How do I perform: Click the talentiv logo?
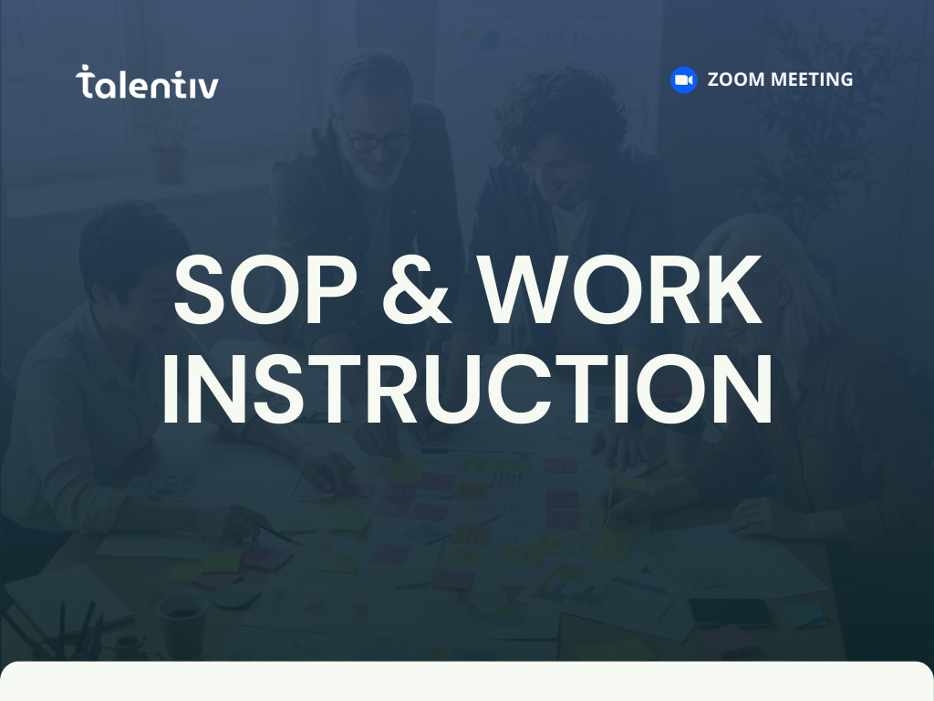click(x=147, y=83)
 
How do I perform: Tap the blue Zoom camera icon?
click(x=683, y=80)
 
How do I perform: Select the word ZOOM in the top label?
click(x=736, y=80)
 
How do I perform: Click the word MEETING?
click(x=812, y=80)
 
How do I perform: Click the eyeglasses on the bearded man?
click(x=375, y=141)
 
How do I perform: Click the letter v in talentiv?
click(x=208, y=87)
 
